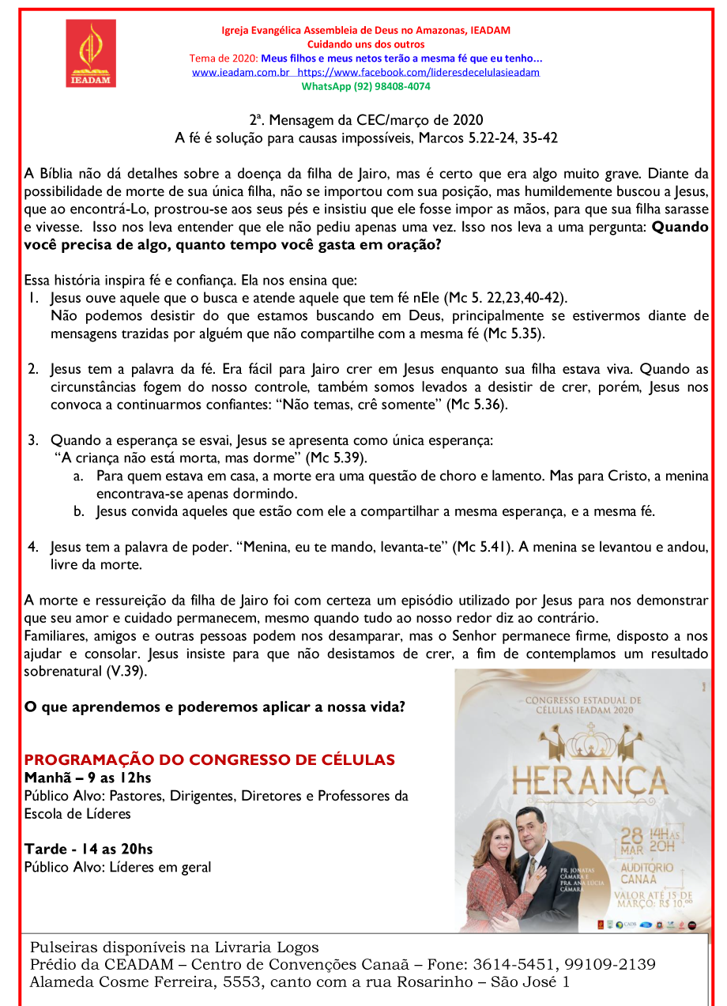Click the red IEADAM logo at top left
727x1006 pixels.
tap(91, 53)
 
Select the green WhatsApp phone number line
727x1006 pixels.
tap(366, 86)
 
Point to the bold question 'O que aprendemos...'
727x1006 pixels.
tap(215, 706)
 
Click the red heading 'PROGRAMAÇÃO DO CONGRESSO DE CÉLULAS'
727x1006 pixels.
tap(209, 760)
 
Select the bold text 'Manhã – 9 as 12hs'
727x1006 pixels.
tap(88, 778)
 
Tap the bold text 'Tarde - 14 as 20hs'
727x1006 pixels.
tap(89, 850)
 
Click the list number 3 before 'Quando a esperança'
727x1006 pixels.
tap(33, 440)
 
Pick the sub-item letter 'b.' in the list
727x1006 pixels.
tap(79, 512)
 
